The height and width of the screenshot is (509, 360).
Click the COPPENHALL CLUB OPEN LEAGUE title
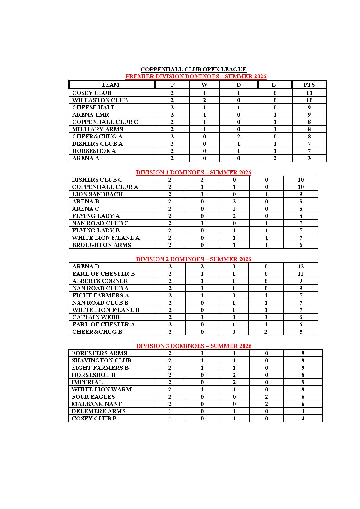[193, 69]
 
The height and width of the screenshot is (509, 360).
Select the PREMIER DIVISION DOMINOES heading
[196, 76]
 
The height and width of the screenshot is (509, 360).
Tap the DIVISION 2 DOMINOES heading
[193, 259]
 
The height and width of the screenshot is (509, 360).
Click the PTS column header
[309, 85]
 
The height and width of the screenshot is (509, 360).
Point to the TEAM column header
[110, 85]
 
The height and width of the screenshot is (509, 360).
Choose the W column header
[204, 85]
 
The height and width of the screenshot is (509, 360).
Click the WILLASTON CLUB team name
[100, 100]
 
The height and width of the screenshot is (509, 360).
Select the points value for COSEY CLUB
[309, 93]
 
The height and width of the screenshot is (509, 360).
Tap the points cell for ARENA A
[309, 158]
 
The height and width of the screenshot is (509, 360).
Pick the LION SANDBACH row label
[97, 194]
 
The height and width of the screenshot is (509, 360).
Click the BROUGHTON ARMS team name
[101, 245]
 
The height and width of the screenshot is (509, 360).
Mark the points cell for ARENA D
[300, 266]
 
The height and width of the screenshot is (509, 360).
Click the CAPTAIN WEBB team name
[96, 317]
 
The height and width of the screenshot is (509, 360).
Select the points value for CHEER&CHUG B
[300, 332]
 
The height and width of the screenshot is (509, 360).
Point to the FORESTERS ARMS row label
[99, 353]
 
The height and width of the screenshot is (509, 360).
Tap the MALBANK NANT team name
[96, 404]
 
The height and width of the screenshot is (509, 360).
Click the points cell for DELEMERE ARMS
[303, 411]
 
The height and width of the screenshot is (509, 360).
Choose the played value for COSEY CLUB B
[170, 418]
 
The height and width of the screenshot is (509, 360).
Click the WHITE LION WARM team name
[102, 389]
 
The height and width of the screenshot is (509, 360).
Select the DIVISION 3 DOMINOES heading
[194, 346]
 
